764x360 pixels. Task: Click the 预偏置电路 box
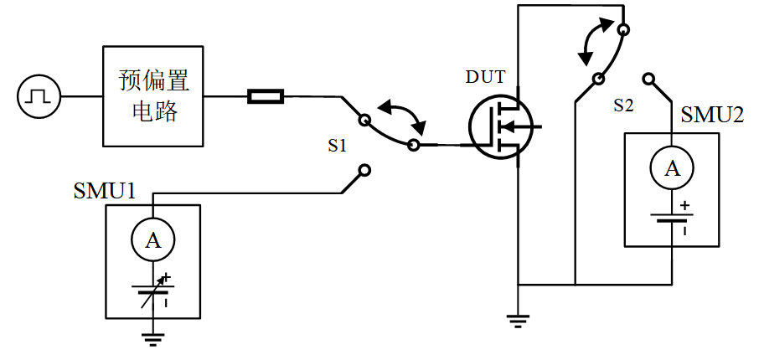click(x=153, y=95)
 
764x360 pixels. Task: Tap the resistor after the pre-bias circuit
click(x=266, y=97)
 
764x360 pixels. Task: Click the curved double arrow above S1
click(x=403, y=116)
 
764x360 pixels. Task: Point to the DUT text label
click(x=486, y=78)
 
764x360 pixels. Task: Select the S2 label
click(x=624, y=105)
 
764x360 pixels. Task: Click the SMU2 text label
click(x=712, y=116)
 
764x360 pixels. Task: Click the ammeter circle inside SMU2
click(x=673, y=169)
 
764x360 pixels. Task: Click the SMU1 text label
click(x=105, y=191)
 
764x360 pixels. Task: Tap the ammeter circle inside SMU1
click(x=152, y=241)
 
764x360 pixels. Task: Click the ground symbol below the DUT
click(x=519, y=317)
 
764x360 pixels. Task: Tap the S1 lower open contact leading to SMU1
click(x=364, y=172)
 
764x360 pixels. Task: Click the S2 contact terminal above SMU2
click(x=648, y=79)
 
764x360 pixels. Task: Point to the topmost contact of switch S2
click(x=623, y=30)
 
